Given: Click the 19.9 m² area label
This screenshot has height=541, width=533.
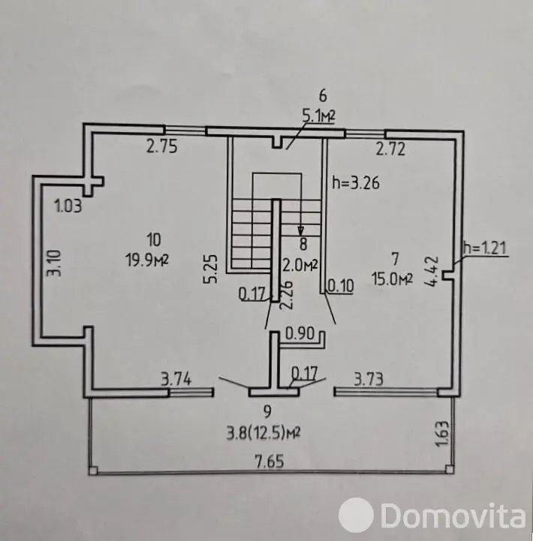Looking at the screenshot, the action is [147, 260].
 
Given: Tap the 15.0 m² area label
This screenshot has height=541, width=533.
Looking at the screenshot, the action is [393, 278].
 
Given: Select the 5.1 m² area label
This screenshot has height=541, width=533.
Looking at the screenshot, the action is [319, 116].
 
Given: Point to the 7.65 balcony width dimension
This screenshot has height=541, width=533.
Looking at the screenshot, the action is [270, 461].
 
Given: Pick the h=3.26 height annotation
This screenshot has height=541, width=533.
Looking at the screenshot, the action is [356, 182].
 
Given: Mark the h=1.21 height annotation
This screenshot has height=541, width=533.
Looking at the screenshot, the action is [485, 248].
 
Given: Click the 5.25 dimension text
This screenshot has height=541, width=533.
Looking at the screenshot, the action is [211, 269].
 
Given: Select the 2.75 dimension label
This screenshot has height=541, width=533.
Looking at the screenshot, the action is [162, 146].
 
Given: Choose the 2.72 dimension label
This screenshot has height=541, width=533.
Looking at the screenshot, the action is [390, 149].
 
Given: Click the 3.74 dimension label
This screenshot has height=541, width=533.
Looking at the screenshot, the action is [176, 380].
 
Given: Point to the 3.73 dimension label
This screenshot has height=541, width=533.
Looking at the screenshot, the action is [369, 379].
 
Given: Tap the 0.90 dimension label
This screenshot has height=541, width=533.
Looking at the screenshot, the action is [300, 334].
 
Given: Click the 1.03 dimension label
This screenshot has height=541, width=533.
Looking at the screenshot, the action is [68, 206].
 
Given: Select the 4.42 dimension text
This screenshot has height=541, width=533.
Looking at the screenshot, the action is [432, 271].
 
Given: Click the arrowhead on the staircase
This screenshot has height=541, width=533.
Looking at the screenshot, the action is [301, 230].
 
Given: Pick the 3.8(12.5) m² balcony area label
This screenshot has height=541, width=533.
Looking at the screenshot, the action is [263, 433].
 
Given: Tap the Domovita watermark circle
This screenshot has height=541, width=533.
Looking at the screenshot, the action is [356, 515].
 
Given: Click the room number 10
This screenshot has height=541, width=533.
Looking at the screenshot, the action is [154, 239].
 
